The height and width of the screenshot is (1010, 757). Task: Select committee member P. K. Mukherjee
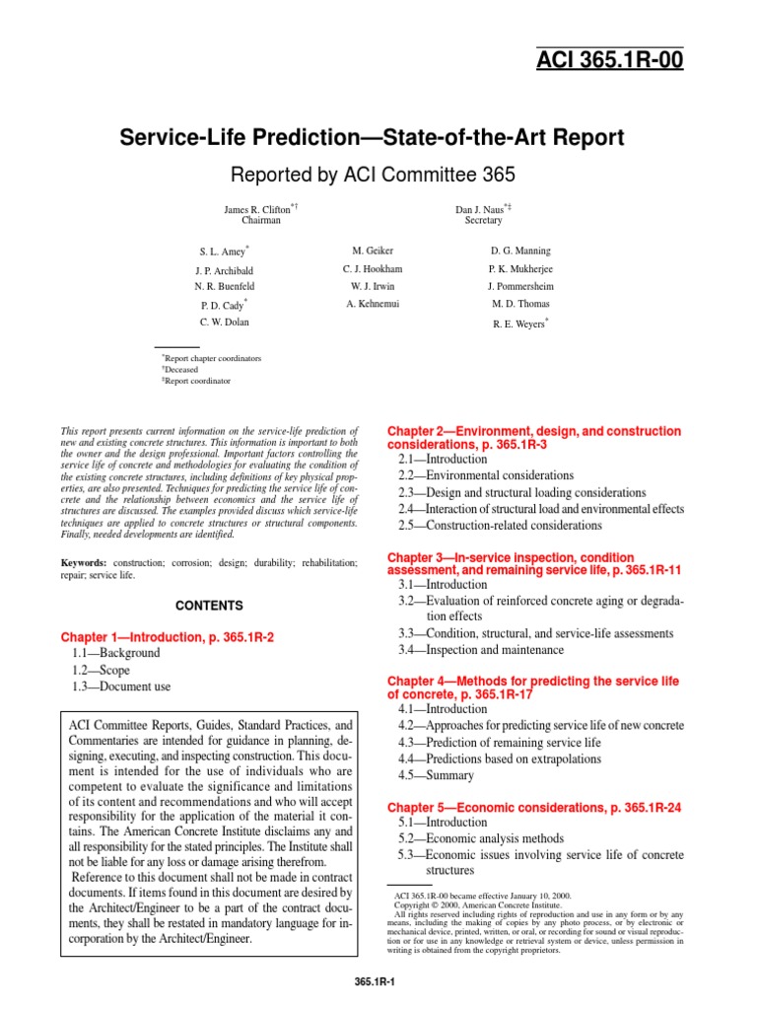(519, 268)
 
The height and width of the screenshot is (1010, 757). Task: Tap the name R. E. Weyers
(518, 323)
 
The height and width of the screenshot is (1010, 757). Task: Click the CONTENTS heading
(209, 605)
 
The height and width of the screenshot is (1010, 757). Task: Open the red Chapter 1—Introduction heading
(167, 637)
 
